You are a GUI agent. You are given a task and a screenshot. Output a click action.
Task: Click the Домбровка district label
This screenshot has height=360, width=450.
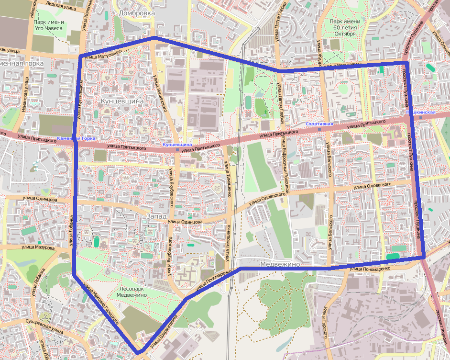point(137,13)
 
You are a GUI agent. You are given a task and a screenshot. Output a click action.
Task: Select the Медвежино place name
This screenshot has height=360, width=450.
point(280,264)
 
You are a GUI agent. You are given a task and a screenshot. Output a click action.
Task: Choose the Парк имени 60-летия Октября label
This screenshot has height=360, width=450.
point(345,28)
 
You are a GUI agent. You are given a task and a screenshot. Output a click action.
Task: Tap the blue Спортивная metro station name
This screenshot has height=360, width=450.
point(319,124)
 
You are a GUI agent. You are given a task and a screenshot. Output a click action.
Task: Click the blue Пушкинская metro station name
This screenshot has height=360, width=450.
point(420,112)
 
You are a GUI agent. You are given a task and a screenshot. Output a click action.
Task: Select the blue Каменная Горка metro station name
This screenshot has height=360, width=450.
point(76,138)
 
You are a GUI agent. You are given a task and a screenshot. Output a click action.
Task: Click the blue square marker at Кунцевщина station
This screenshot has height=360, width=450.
point(177,149)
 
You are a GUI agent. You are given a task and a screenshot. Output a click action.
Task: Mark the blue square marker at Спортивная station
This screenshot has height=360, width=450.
point(319,129)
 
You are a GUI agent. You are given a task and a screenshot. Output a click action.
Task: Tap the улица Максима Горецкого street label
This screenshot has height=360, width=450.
point(100,303)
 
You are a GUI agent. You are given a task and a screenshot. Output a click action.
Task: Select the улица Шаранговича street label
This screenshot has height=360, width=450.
point(166,330)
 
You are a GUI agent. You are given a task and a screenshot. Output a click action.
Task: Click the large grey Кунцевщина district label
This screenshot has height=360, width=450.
point(122,101)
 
